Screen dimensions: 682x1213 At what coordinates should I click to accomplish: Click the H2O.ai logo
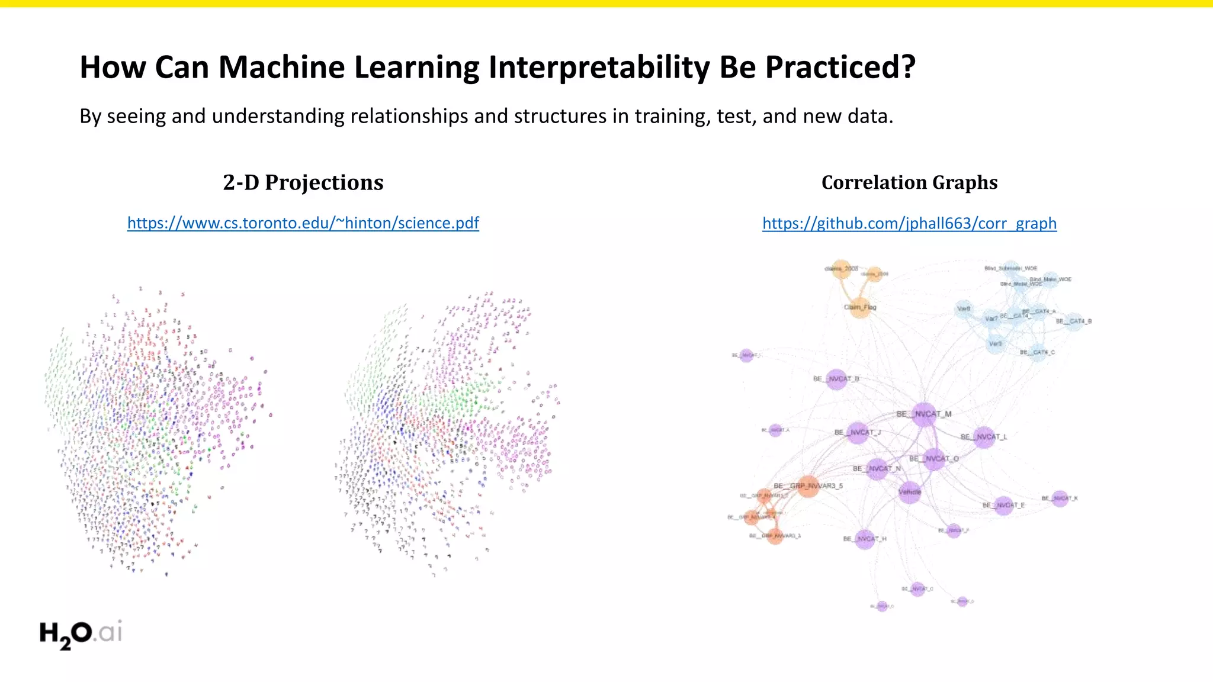pyautogui.click(x=81, y=633)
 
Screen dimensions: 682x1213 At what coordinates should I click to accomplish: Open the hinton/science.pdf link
pyautogui.click(x=303, y=223)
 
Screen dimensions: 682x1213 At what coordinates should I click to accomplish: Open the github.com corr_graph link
pyautogui.click(x=909, y=223)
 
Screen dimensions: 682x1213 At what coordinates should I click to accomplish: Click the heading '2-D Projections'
pyautogui.click(x=303, y=182)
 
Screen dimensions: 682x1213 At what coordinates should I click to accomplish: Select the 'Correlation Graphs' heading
pyautogui.click(x=909, y=182)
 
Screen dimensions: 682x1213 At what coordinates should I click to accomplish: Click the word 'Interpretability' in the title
pyautogui.click(x=599, y=67)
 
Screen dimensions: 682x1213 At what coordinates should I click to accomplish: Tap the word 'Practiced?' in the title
pyautogui.click(x=840, y=67)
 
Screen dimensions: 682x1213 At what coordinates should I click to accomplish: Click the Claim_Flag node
pyautogui.click(x=860, y=308)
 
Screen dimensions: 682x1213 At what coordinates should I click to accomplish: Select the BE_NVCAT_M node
pyautogui.click(x=924, y=414)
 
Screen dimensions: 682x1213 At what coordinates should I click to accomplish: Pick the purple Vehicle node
pyautogui.click(x=910, y=492)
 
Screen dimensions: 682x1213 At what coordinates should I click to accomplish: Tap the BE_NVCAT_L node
pyautogui.click(x=984, y=437)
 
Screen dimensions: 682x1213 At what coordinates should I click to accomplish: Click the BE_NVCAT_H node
pyautogui.click(x=865, y=539)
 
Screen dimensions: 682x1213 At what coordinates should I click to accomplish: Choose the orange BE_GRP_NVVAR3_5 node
pyautogui.click(x=808, y=486)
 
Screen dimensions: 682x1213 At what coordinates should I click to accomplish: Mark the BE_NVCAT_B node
pyautogui.click(x=836, y=379)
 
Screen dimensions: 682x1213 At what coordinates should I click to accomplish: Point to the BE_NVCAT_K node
pyautogui.click(x=1060, y=498)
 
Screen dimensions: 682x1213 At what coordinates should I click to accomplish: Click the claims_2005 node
pyautogui.click(x=841, y=269)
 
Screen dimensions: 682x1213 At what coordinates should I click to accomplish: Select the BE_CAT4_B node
pyautogui.click(x=1074, y=321)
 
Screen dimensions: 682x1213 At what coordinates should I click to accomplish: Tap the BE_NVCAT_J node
pyautogui.click(x=857, y=433)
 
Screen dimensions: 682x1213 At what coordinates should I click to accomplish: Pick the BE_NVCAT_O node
pyautogui.click(x=934, y=459)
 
